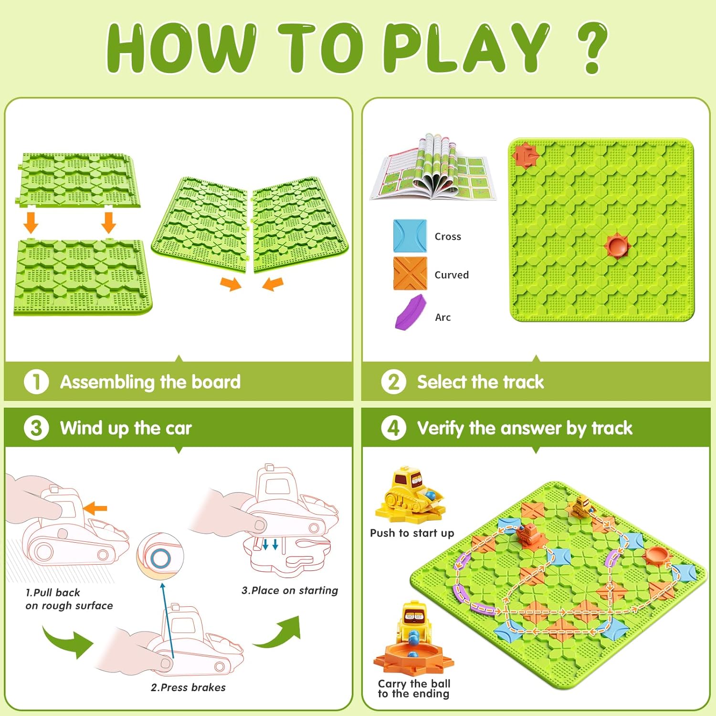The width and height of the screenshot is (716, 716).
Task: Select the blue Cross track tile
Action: pyautogui.click(x=410, y=236)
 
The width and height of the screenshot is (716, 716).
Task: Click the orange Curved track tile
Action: pyautogui.click(x=410, y=274)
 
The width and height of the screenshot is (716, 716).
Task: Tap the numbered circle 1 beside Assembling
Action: pyautogui.click(x=36, y=382)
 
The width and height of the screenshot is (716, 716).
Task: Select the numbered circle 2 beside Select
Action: pyautogui.click(x=393, y=382)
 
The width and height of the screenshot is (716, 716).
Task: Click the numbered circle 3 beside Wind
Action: pyautogui.click(x=36, y=428)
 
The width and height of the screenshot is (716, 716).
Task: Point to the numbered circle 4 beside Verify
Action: pyautogui.click(x=393, y=428)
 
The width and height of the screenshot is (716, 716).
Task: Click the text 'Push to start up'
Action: pyautogui.click(x=412, y=533)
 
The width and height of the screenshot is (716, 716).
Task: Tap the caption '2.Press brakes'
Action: pyautogui.click(x=188, y=687)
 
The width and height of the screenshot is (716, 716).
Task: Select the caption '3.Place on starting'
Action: pyautogui.click(x=290, y=590)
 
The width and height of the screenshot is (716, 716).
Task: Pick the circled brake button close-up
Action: pyautogui.click(x=160, y=557)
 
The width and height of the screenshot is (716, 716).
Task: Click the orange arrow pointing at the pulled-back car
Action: pyautogui.click(x=95, y=509)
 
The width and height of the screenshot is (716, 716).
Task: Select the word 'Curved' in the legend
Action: pyautogui.click(x=452, y=275)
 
